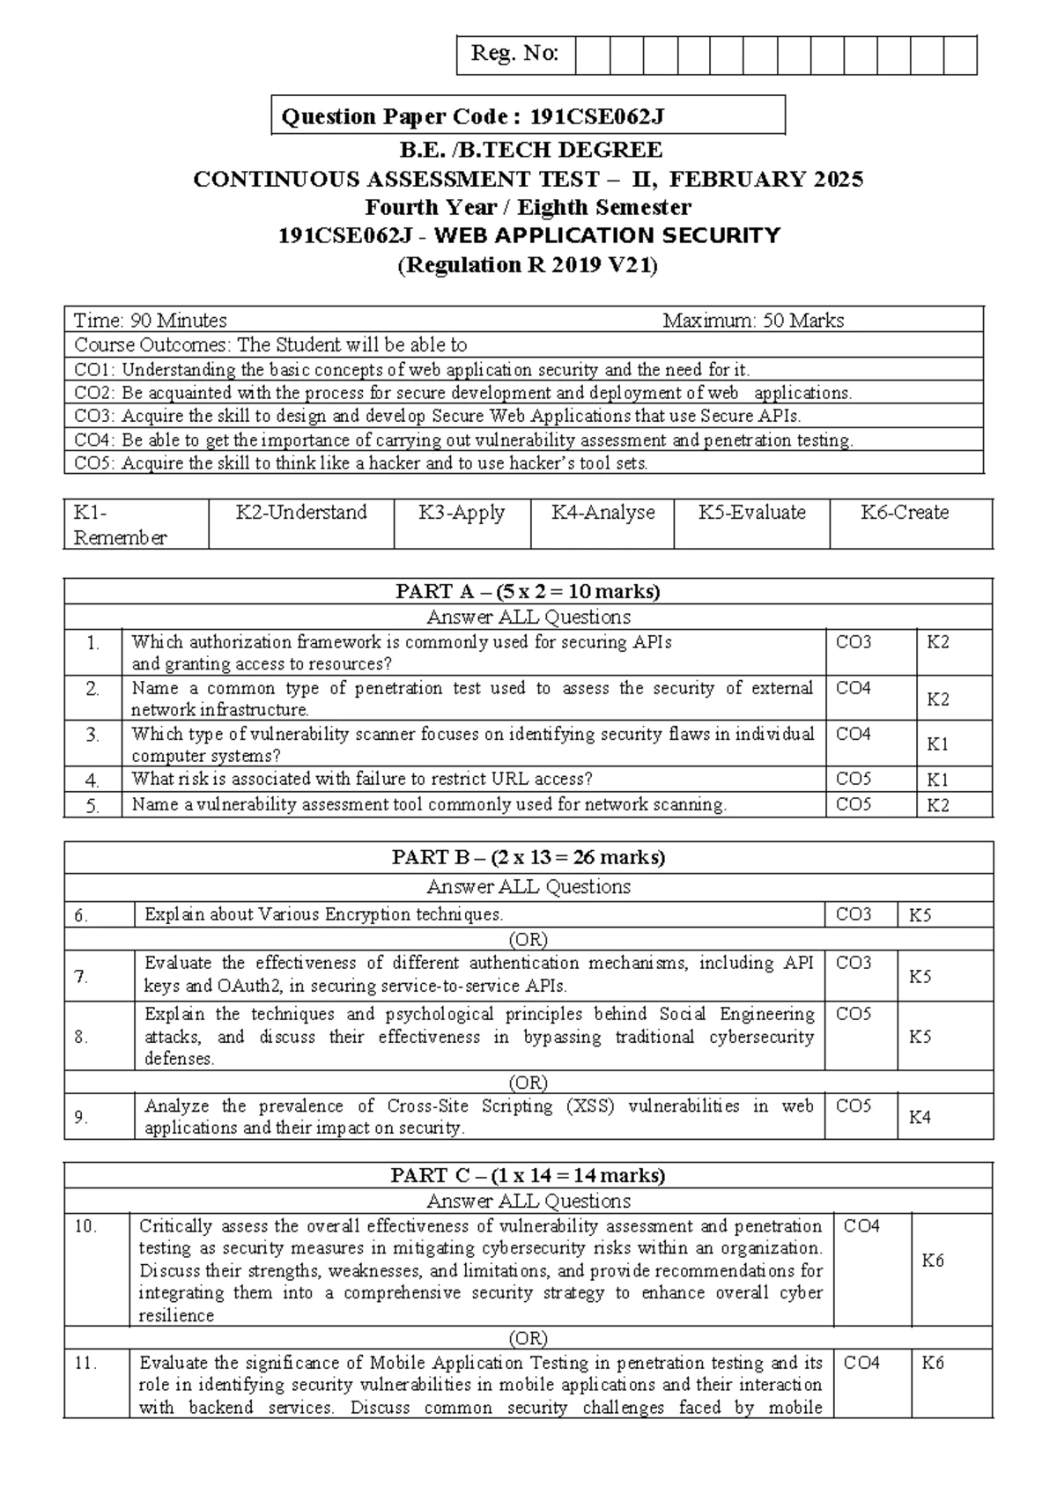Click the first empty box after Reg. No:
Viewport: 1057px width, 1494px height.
click(x=593, y=55)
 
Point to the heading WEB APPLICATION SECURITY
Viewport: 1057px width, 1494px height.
click(x=607, y=236)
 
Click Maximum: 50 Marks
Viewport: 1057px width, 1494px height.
click(x=753, y=321)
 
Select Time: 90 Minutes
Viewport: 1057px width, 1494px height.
click(x=151, y=321)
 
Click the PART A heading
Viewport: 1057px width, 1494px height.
click(x=528, y=591)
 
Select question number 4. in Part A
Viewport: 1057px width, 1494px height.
click(x=92, y=780)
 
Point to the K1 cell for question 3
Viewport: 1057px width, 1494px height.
click(x=938, y=744)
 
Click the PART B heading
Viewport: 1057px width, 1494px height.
click(x=528, y=857)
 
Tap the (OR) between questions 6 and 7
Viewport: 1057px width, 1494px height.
click(x=528, y=939)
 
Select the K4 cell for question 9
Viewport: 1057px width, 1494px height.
click(x=920, y=1118)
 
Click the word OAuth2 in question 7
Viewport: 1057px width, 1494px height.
click(x=221, y=986)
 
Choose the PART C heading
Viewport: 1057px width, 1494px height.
click(x=528, y=1175)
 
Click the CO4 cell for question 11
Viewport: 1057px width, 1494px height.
click(x=861, y=1364)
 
